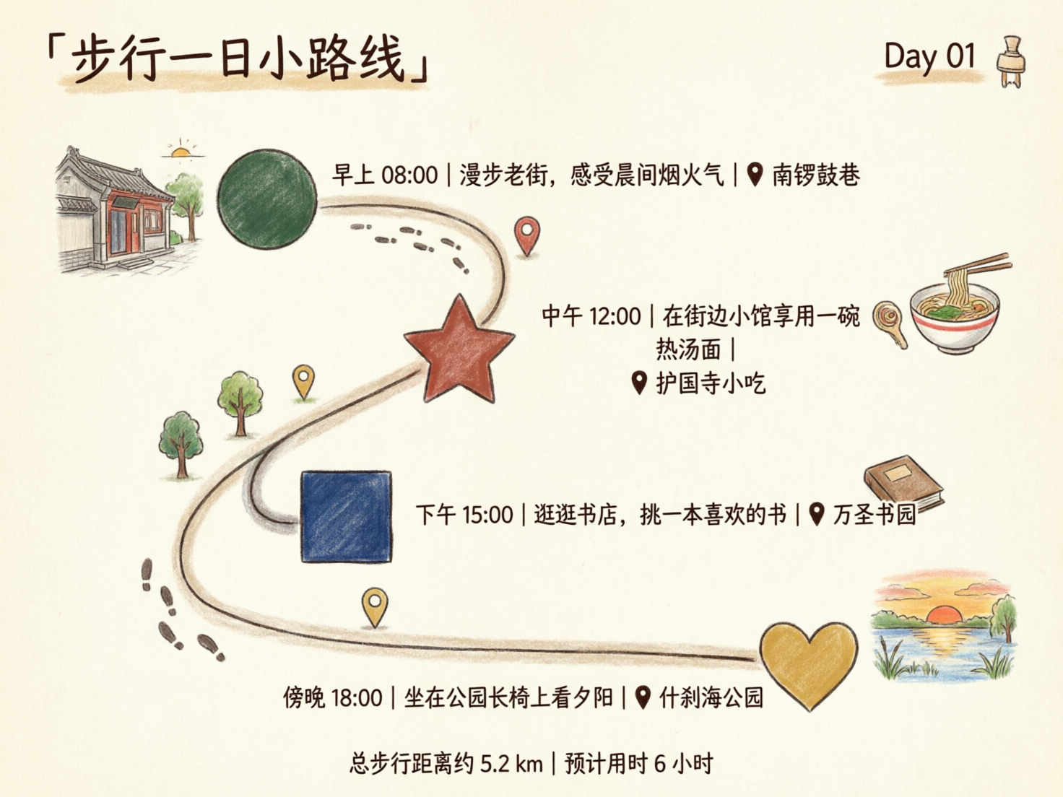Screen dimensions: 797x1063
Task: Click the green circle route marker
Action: click(x=267, y=199)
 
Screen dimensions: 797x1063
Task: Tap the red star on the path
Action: click(x=459, y=352)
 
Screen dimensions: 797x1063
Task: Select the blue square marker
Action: click(x=346, y=516)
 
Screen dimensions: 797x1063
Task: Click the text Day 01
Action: click(x=929, y=56)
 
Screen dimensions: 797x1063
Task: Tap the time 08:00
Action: click(x=409, y=175)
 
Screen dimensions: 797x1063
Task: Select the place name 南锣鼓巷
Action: click(x=816, y=175)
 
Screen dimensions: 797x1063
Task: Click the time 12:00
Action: click(x=615, y=316)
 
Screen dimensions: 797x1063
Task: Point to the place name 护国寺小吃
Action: click(x=711, y=383)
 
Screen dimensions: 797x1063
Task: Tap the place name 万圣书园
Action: click(x=875, y=515)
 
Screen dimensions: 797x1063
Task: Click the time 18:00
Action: click(x=356, y=698)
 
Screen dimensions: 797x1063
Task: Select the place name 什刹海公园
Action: click(x=711, y=698)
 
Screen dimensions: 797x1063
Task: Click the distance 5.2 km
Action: click(x=511, y=763)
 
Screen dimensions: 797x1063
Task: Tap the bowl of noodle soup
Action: click(x=955, y=318)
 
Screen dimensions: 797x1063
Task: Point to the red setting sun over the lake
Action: click(x=942, y=616)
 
